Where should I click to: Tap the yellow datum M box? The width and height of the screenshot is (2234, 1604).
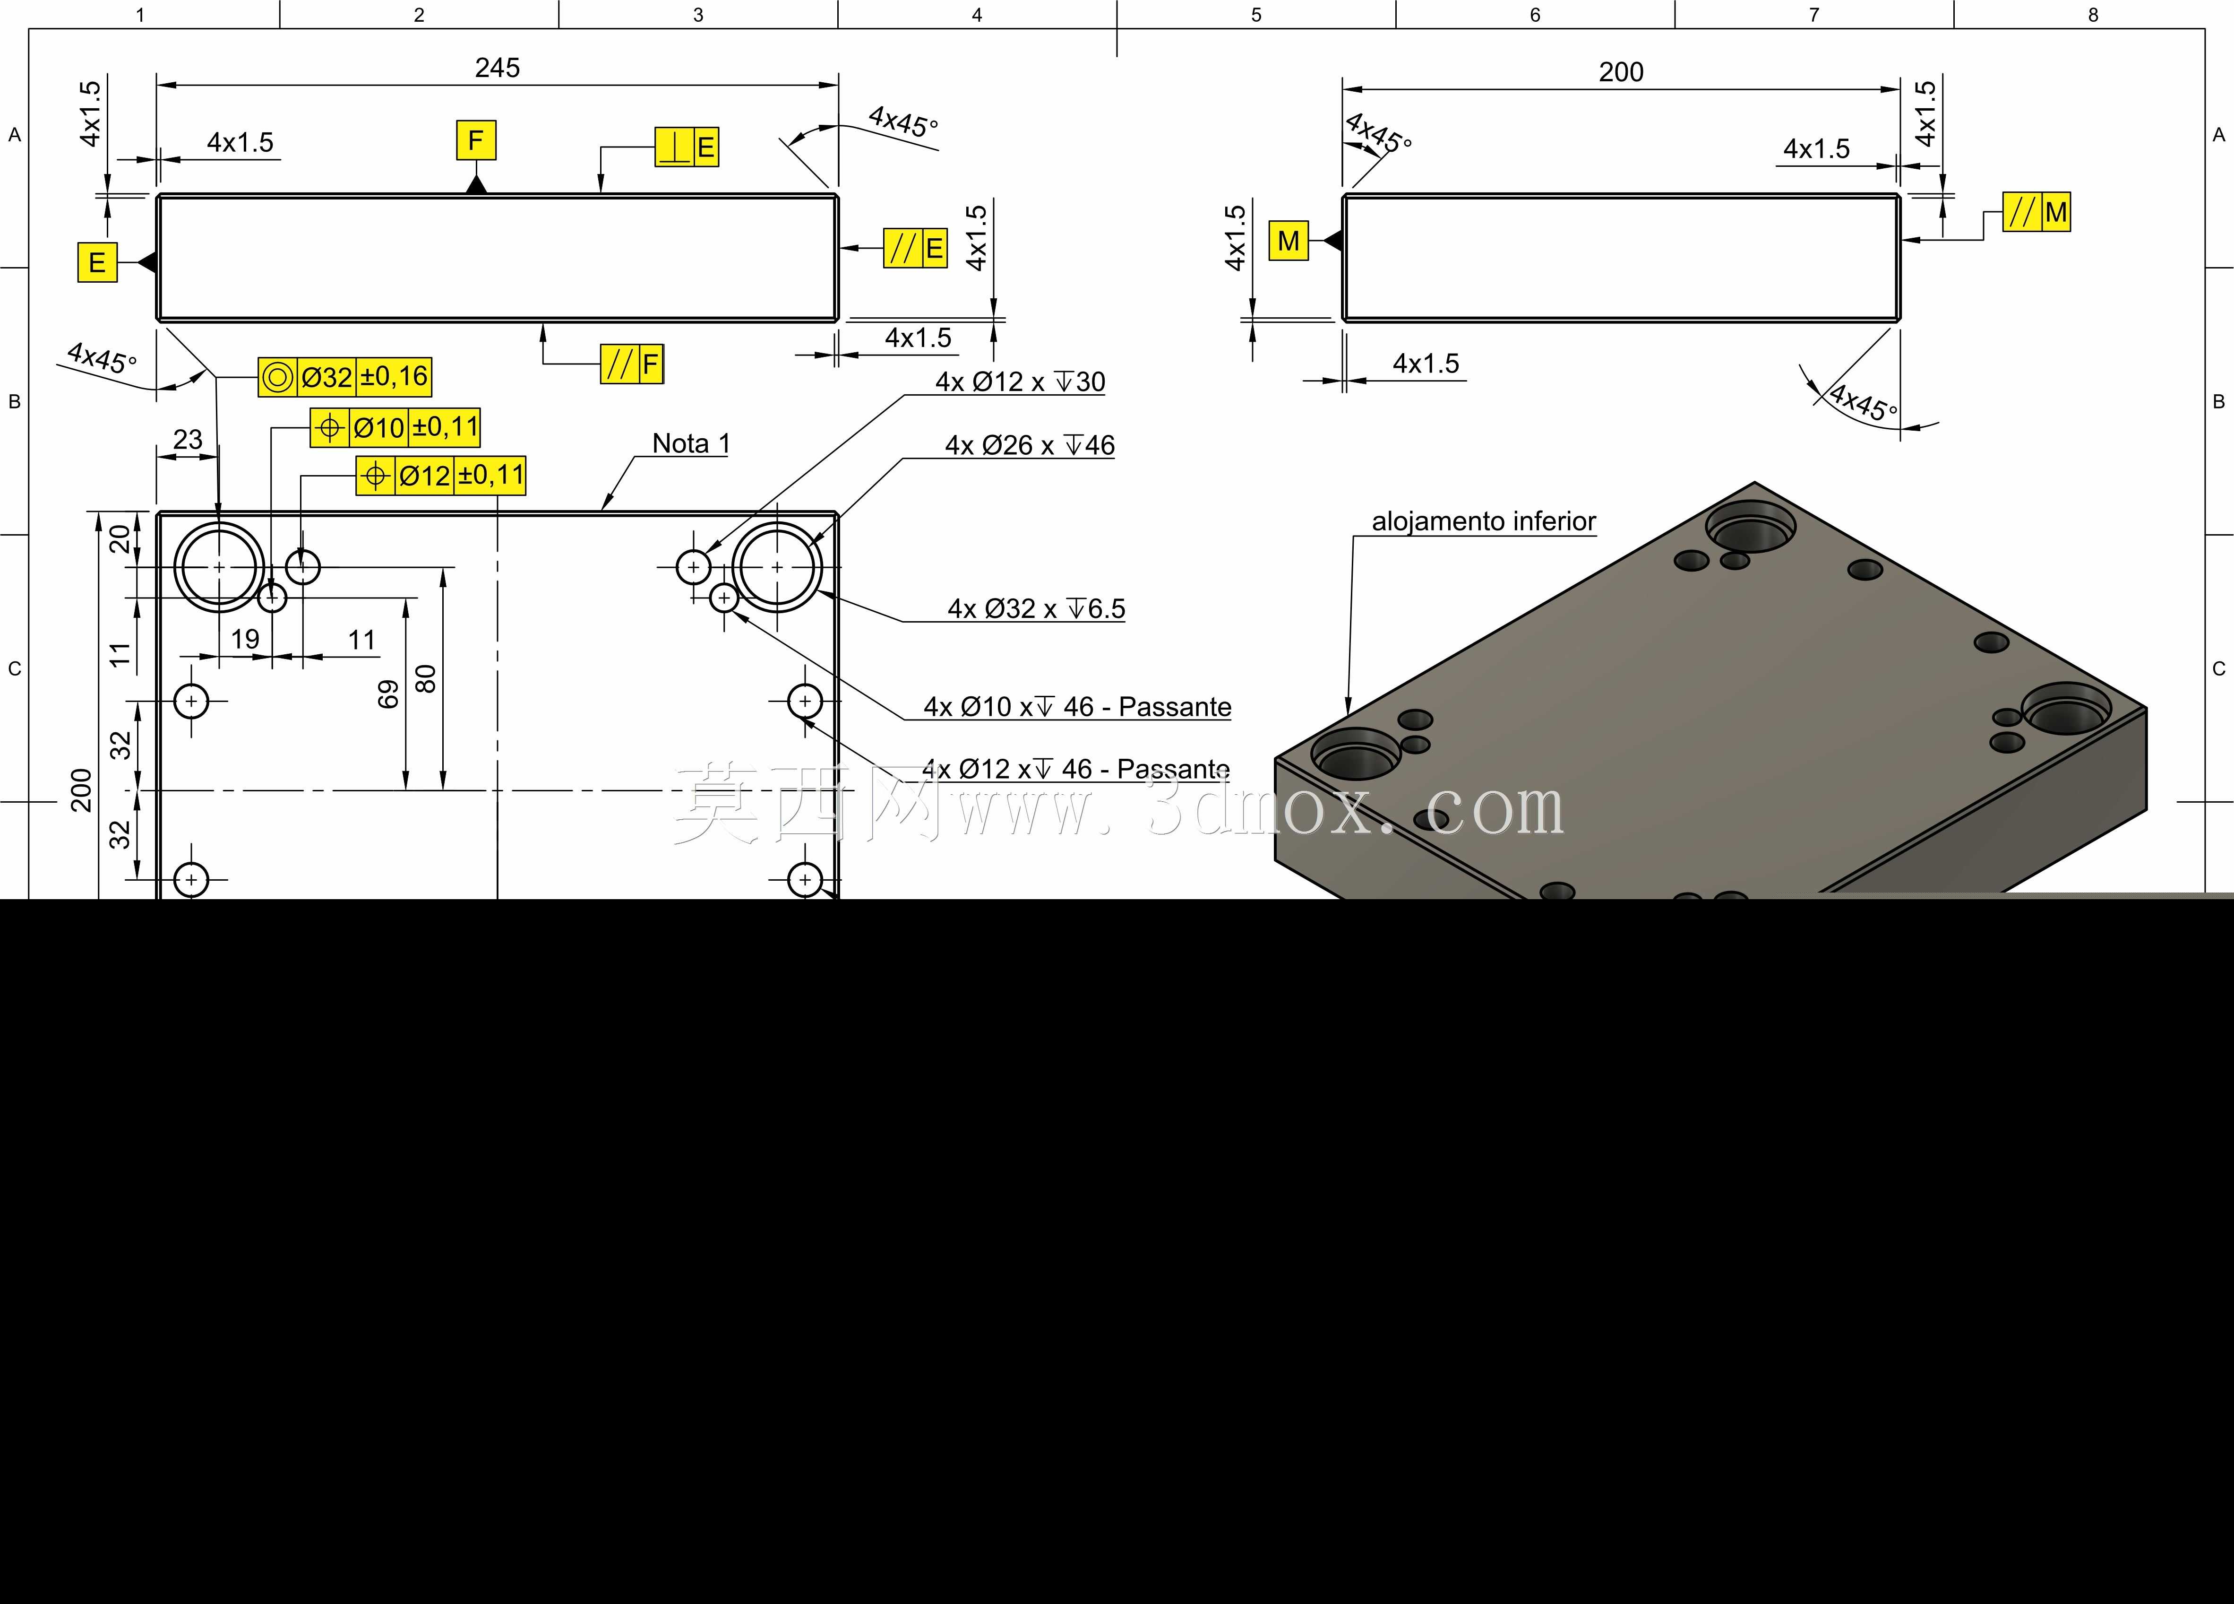1289,241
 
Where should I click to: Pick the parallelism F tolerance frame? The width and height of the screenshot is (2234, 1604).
632,364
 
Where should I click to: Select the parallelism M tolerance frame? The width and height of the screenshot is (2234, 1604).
2037,212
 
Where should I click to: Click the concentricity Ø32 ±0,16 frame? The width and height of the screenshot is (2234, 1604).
345,376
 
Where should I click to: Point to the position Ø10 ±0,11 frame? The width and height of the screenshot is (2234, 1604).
395,428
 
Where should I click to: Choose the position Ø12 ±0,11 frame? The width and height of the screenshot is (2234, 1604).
441,476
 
